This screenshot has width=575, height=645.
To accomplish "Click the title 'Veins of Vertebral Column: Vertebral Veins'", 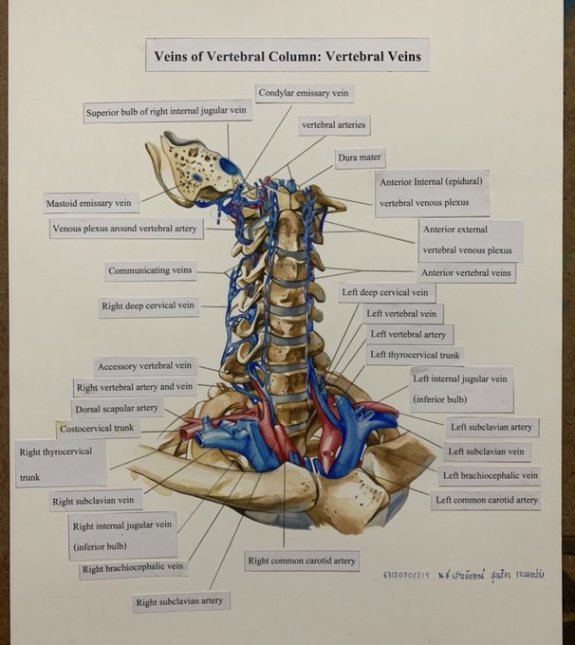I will click(287, 56).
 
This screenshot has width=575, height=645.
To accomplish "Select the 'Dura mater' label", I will click(360, 158).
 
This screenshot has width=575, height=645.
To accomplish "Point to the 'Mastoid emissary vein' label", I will click(91, 202).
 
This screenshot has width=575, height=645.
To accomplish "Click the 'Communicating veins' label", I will click(151, 271).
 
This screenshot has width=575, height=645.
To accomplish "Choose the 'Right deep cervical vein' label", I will click(147, 306).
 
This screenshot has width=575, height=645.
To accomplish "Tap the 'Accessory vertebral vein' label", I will click(144, 366).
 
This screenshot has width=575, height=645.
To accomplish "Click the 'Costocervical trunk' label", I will click(98, 429).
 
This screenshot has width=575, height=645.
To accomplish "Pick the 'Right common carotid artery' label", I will click(302, 561).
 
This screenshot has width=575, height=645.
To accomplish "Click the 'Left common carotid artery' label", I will click(486, 500).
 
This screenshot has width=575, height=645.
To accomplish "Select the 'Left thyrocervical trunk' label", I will click(415, 356).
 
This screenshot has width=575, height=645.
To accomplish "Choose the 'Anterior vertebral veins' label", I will click(467, 272).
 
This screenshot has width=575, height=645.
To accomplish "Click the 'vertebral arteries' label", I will click(333, 124).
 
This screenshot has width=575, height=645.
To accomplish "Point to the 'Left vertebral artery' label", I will click(407, 335).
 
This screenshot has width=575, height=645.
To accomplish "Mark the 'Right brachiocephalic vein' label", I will click(132, 568).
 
